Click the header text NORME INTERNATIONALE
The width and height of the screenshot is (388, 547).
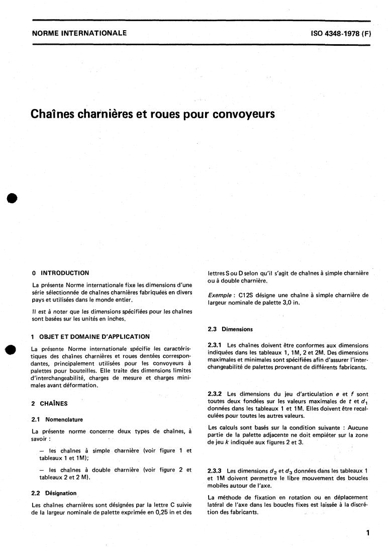79,34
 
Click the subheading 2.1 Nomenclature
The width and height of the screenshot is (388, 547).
57,419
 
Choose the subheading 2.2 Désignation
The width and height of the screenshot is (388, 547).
54,493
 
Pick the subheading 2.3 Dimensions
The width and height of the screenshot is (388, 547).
230,329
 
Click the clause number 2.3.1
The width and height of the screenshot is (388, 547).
216,345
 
